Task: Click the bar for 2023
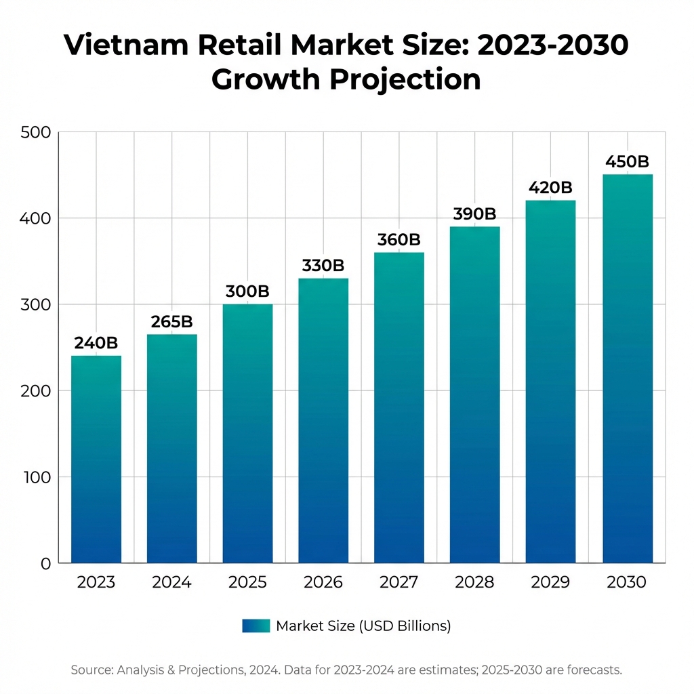[96, 460]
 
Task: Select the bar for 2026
[323, 420]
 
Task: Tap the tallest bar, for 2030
[627, 369]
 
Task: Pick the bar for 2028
[475, 394]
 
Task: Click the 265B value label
[172, 322]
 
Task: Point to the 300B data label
[247, 291]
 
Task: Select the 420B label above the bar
[550, 187]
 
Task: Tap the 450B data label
[627, 162]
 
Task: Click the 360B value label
[399, 240]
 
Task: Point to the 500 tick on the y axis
[36, 132]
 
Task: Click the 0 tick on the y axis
[45, 563]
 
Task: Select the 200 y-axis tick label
[36, 391]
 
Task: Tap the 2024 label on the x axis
[172, 583]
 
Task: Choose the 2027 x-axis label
[399, 583]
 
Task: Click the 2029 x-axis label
[550, 583]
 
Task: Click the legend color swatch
[256, 626]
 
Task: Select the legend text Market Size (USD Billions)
[363, 626]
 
